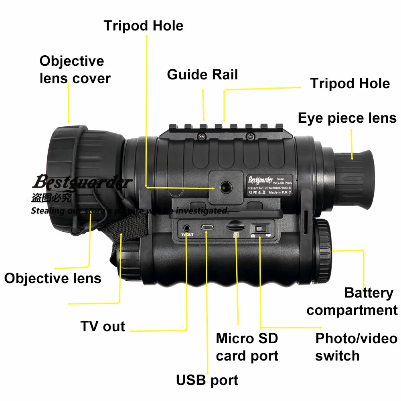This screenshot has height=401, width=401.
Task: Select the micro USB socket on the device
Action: (x=207, y=227)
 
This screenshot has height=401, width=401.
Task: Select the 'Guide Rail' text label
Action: (x=203, y=75)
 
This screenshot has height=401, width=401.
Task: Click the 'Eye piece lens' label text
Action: (x=347, y=118)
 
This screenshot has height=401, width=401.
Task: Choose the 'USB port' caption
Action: (x=207, y=380)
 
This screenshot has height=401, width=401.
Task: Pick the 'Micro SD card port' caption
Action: (x=247, y=347)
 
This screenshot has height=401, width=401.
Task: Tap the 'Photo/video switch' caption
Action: (x=356, y=347)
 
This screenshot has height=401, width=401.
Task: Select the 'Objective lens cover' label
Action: (x=75, y=69)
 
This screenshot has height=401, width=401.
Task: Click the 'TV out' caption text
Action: (x=103, y=326)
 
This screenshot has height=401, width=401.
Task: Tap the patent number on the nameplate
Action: (x=270, y=187)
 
